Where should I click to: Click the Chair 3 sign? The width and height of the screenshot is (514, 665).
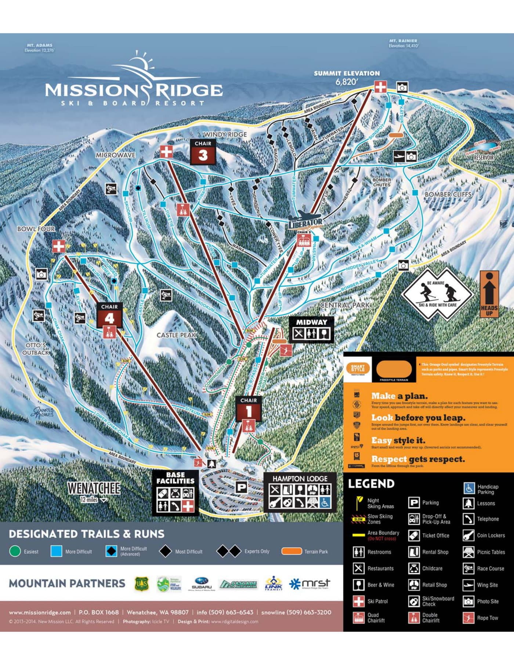pos(203,152)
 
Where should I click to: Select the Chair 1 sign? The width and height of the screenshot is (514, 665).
pos(249,408)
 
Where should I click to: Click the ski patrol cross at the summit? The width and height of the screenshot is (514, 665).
pos(380,87)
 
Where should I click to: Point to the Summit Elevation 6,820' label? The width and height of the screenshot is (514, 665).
pos(347,77)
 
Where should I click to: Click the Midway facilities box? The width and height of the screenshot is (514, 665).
pos(311,330)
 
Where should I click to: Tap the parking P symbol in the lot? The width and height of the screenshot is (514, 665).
pos(241,487)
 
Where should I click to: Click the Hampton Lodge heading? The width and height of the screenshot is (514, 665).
pos(300,479)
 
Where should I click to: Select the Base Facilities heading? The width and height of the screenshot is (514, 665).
pos(175,478)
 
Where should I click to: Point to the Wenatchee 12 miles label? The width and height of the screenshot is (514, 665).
pos(94,491)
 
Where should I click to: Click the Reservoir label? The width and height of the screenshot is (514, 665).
pos(484,157)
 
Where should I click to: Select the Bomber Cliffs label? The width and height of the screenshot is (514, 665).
pos(448,194)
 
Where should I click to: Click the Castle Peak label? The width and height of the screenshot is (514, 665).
pos(177,335)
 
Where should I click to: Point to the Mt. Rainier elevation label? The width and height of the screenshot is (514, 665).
pos(403,43)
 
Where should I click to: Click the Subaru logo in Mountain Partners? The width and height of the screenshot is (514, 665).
pos(202,584)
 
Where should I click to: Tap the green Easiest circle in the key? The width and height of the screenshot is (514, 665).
pos(15,551)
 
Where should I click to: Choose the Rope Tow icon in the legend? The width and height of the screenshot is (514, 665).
pos(468,618)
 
